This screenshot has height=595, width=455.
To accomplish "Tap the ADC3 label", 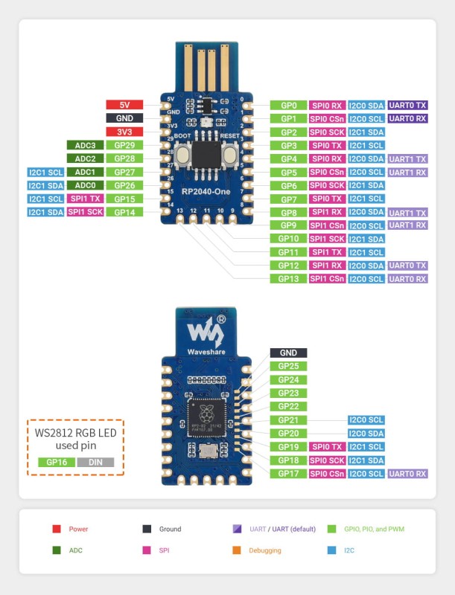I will point(84,145).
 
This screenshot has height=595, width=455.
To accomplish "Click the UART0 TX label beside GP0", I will point(407,106).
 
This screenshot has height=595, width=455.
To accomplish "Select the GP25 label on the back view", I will point(288,366).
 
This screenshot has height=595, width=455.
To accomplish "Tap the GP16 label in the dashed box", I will point(57,462).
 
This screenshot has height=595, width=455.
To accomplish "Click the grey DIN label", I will point(95,462).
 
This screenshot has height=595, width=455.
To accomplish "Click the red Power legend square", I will point(56,529).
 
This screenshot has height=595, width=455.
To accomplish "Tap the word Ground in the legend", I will point(170,529).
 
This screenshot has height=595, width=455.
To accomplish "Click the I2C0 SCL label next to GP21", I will point(366,419).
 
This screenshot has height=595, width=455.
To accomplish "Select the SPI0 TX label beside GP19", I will point(326,446).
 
